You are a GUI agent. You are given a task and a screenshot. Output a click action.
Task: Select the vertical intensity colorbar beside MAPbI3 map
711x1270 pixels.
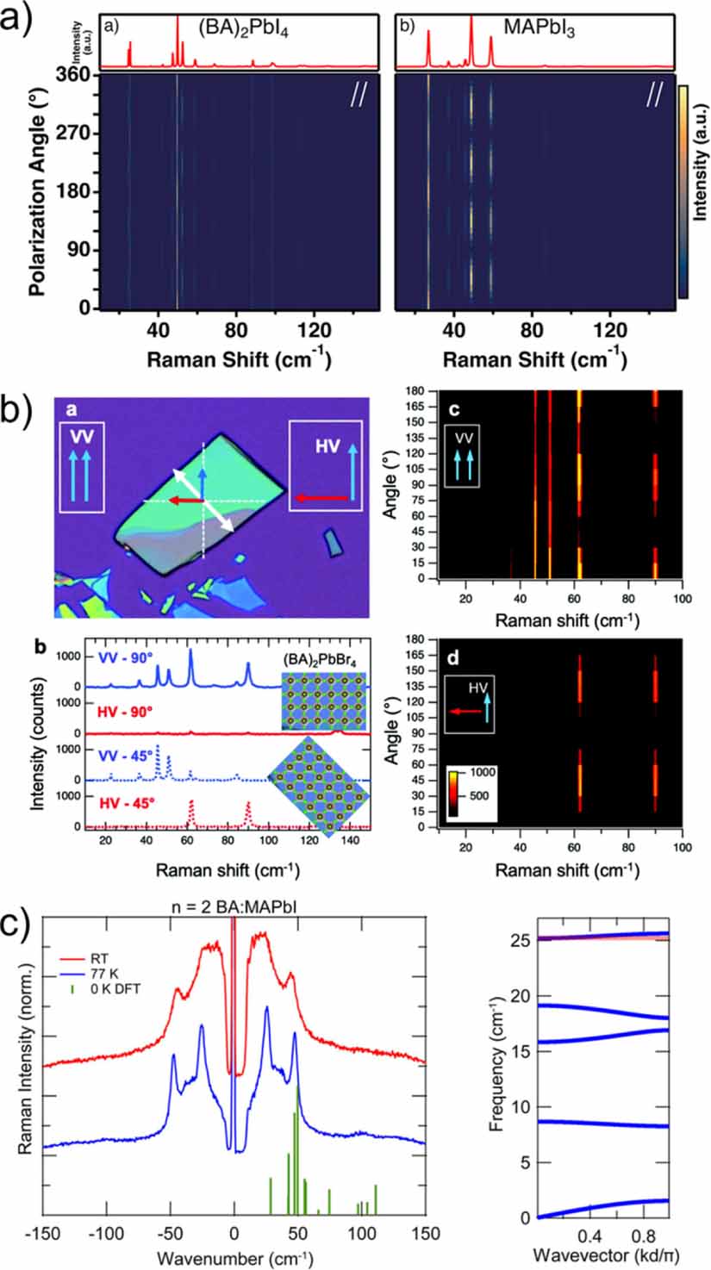point(683,191)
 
